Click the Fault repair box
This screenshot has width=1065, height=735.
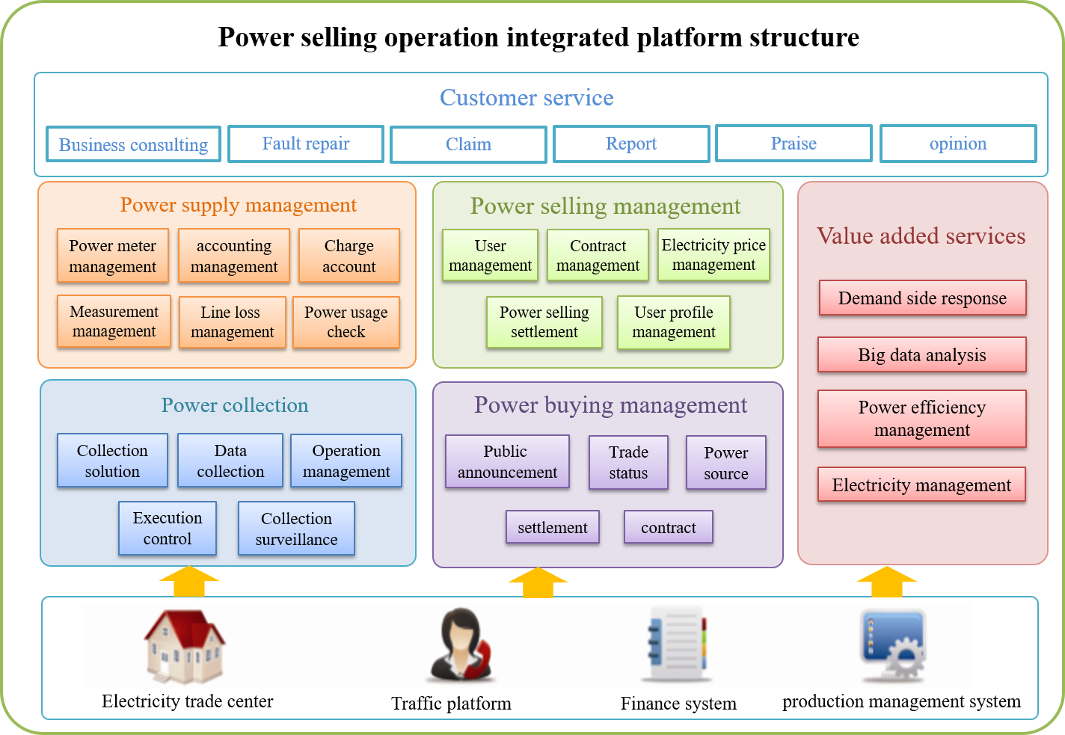click(306, 144)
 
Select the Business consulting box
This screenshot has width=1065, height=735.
click(133, 144)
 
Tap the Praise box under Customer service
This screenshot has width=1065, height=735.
click(794, 144)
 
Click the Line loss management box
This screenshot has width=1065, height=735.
click(232, 322)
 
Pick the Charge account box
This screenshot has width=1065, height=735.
click(349, 256)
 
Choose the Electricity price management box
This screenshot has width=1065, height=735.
click(713, 255)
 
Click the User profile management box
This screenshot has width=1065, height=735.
click(673, 322)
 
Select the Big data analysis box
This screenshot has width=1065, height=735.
click(921, 355)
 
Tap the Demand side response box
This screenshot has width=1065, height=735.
click(921, 298)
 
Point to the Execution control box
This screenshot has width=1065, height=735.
click(168, 529)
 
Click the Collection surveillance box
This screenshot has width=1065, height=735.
click(296, 529)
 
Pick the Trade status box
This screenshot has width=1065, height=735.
click(628, 463)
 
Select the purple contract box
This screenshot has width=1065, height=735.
click(668, 527)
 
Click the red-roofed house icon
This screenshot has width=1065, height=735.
click(184, 646)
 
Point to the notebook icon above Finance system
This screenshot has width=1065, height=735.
click(677, 645)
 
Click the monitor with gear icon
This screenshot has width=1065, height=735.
click(892, 645)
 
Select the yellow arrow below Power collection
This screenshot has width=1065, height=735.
click(189, 582)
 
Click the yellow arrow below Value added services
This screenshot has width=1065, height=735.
click(886, 582)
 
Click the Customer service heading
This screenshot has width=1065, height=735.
click(527, 98)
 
